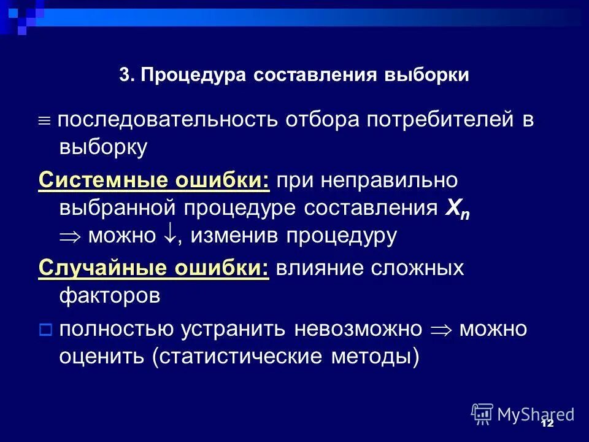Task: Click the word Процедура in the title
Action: coord(193,76)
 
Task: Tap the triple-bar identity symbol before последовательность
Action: coord(45,120)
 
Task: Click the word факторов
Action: coord(110,296)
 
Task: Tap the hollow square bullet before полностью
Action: coord(45,330)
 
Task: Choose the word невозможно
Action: coord(358,328)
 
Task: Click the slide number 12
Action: coord(547,424)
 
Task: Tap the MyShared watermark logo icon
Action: coord(483,414)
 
